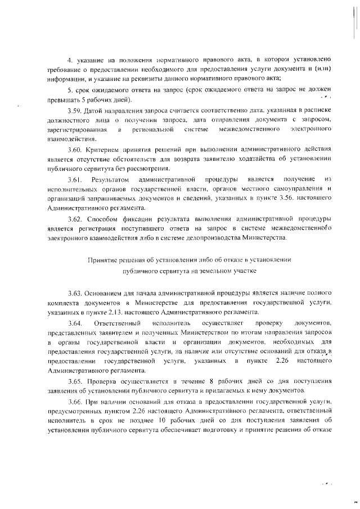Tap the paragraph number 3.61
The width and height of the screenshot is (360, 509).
(74, 179)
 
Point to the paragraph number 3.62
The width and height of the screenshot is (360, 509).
(74, 218)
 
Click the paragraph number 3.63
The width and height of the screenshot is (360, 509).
(74, 293)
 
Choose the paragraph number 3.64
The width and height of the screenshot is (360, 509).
(74, 323)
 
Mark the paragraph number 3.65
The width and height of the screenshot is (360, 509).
(74, 381)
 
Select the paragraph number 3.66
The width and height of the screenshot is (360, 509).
(74, 402)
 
